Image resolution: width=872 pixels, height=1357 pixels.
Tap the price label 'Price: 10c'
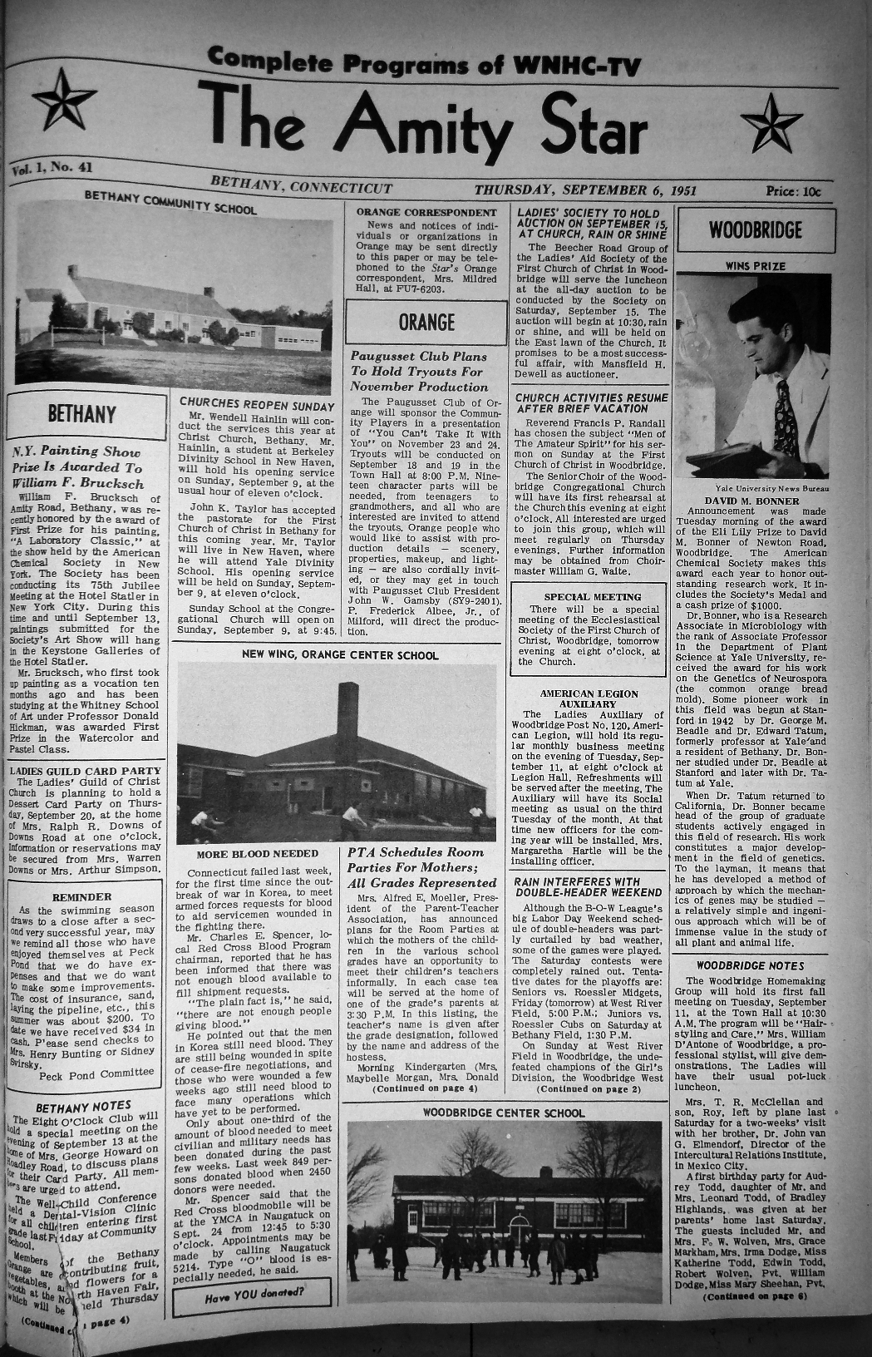[792, 191]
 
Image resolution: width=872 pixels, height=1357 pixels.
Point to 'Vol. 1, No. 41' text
[52, 169]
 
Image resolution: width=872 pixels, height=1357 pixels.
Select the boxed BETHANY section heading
[82, 414]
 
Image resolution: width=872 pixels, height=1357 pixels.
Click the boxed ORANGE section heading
[426, 322]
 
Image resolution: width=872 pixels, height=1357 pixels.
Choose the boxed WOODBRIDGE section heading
[756, 229]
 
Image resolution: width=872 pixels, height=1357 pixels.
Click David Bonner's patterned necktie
[783, 417]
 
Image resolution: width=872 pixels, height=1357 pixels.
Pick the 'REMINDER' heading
[82, 897]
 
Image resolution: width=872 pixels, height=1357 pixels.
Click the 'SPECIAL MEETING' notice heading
[592, 596]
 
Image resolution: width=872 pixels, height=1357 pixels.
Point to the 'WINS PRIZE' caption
[755, 266]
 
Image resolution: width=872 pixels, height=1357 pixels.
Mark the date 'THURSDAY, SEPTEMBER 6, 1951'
[584, 190]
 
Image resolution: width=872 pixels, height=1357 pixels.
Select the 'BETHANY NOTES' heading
[84, 1106]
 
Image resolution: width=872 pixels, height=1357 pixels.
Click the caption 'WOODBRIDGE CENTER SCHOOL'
[504, 1113]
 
